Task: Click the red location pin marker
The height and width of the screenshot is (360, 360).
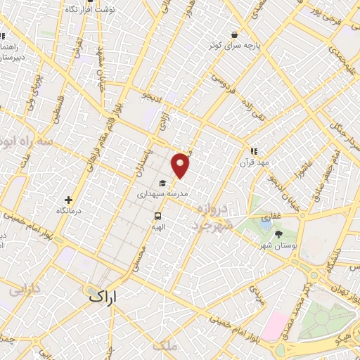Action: coord(181,164)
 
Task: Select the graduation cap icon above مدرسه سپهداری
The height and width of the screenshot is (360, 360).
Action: coord(162,183)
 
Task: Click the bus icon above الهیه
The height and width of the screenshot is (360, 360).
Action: coord(157,217)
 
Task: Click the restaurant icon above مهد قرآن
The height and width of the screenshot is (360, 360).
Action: coord(254,150)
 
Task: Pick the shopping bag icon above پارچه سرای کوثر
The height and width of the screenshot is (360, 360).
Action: coord(233,34)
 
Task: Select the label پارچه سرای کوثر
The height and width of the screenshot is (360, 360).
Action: coord(234,45)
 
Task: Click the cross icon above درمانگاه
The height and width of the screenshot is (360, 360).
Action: coord(68,200)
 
